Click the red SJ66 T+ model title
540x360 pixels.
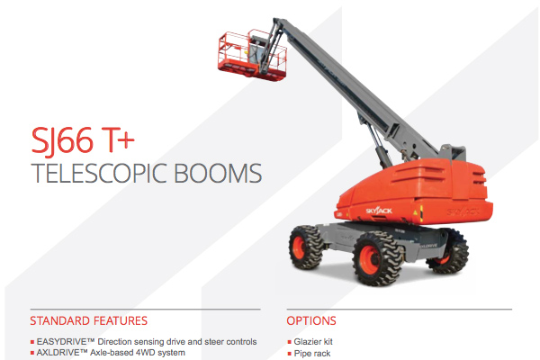(83, 139)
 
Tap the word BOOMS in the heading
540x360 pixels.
(218, 174)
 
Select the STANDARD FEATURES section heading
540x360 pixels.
(88, 320)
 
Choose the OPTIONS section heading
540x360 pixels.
(311, 320)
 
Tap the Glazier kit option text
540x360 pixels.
(313, 342)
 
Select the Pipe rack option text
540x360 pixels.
(312, 354)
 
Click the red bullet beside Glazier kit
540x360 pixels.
(289, 342)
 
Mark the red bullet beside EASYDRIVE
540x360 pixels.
(32, 342)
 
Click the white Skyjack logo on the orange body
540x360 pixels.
(379, 211)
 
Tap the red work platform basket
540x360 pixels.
(252, 55)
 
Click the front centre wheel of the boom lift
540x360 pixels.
(377, 258)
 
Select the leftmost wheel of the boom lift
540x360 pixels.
(305, 247)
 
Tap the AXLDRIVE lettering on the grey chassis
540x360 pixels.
(428, 246)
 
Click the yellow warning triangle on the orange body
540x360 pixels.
(415, 213)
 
